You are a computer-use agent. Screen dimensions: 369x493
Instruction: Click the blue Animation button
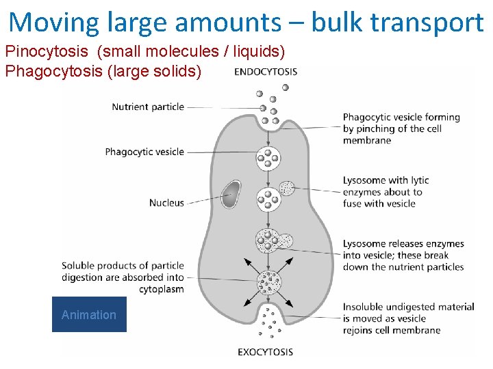(89, 314)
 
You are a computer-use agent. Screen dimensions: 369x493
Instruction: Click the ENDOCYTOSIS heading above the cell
(266, 71)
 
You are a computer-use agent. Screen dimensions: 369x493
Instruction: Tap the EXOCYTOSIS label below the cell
(265, 352)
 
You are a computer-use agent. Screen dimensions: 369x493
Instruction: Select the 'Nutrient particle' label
(148, 107)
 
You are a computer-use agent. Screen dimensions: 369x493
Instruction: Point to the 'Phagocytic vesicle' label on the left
(144, 152)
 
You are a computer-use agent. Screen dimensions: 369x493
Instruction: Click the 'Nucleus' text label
(166, 202)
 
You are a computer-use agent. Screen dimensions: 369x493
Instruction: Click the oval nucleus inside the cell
(231, 193)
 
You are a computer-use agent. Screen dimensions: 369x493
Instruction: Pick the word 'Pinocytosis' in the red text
(47, 52)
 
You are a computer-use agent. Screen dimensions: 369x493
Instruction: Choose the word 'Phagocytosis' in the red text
(53, 71)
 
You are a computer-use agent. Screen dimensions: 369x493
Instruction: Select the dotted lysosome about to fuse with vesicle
(288, 188)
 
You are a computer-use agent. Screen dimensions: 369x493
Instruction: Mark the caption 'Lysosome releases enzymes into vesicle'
(403, 255)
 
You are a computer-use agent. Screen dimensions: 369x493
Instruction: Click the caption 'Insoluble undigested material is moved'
(408, 318)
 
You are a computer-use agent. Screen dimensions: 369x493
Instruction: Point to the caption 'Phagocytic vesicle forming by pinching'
(401, 128)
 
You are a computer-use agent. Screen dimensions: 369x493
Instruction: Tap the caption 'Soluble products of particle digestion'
(123, 277)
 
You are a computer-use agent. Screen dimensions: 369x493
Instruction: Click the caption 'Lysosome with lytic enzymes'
(385, 191)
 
